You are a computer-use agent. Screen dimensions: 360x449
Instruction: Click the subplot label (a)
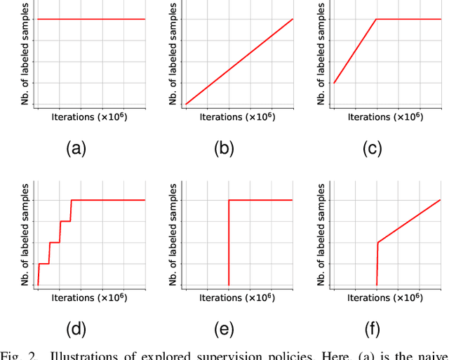click(x=76, y=148)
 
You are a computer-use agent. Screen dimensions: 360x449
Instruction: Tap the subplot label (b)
click(x=223, y=148)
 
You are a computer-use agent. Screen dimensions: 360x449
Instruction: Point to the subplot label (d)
click(x=76, y=330)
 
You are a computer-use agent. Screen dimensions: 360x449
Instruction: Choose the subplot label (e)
click(x=223, y=330)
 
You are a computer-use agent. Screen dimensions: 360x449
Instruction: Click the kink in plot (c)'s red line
click(x=377, y=19)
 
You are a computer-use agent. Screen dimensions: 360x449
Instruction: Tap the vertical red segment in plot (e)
click(x=229, y=242)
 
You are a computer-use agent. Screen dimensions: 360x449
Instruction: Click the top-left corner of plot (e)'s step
click(x=229, y=200)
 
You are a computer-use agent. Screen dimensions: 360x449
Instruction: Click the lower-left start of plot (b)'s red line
click(x=186, y=104)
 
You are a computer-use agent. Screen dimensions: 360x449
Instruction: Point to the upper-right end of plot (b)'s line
click(x=292, y=19)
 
